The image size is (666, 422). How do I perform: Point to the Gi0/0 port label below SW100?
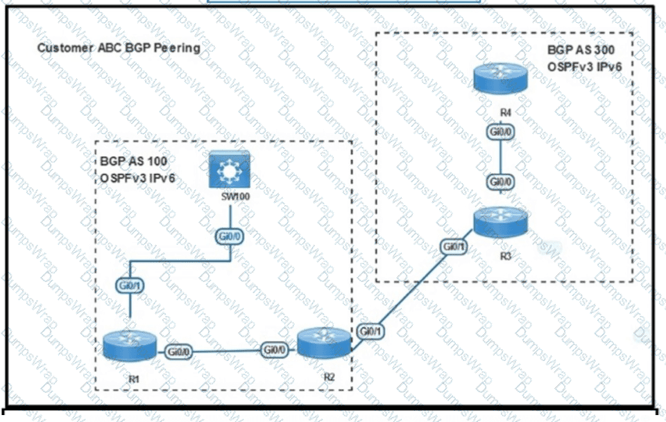230,237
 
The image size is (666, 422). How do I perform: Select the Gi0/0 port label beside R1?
180,351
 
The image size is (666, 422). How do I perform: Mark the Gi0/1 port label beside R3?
454,246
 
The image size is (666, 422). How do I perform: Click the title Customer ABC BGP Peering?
118,48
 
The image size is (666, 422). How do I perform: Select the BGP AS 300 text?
581,50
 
